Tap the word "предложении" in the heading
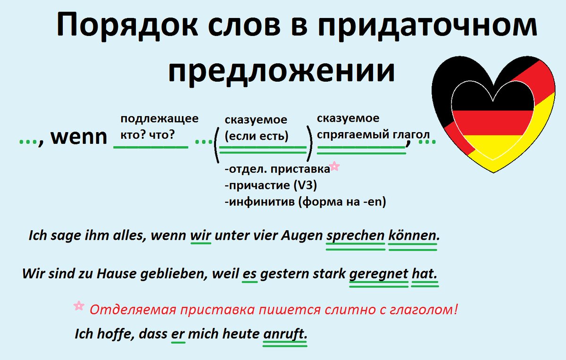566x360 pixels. coord(281,71)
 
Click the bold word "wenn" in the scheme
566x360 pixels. coord(79,137)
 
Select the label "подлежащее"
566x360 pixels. coord(159,118)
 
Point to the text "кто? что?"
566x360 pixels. coord(148,135)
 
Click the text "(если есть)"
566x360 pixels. coord(257,136)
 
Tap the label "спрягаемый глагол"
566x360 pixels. coord(373,135)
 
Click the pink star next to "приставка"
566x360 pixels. coord(334,166)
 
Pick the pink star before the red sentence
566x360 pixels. coord(79,306)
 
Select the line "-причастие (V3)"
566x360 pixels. coord(271,185)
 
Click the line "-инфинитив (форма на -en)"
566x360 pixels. coord(305,202)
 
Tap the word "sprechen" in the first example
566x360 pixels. coord(355,235)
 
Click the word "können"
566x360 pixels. coord(412,235)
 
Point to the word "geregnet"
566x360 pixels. coord(378,274)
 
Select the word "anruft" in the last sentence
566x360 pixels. coord(283,334)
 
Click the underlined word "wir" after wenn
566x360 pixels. coord(200,235)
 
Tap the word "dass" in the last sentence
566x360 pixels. coord(153,334)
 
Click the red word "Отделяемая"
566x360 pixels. coord(133,310)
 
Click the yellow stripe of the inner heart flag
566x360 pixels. coord(493,147)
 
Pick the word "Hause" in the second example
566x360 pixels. coord(117,274)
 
